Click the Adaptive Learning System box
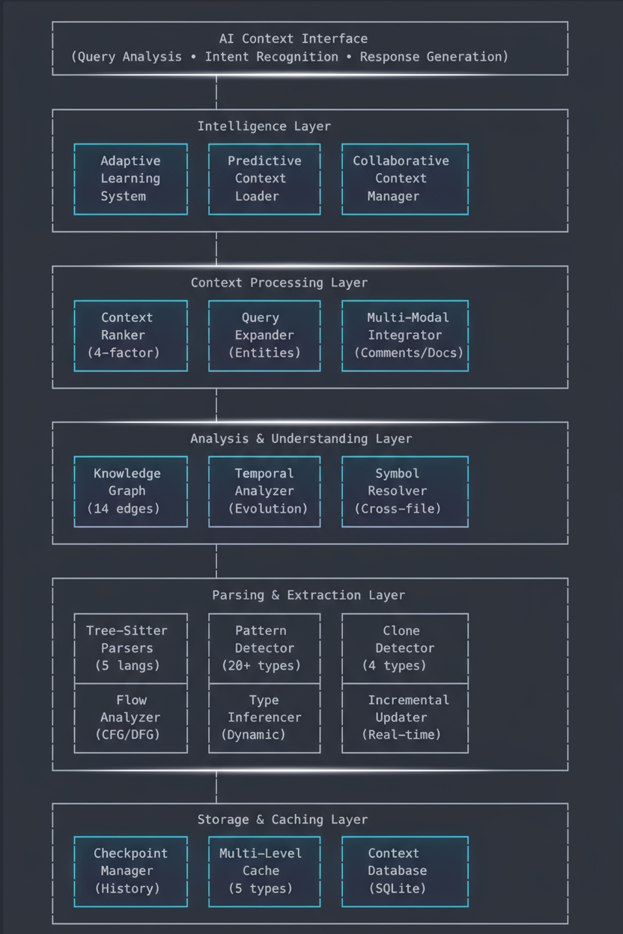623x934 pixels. coord(130,179)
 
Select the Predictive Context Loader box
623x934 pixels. coord(264,179)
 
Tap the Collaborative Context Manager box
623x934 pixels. coord(404,179)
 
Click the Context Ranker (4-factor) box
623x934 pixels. coord(130,335)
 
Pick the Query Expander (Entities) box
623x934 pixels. coord(264,335)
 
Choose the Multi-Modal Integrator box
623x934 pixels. coord(404,335)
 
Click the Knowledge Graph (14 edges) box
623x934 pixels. coord(130,491)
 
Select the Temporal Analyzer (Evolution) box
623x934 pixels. coord(264,491)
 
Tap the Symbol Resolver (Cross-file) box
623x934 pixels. coord(404,491)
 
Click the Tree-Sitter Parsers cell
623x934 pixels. coord(130,648)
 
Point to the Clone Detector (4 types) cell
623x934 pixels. coord(404,648)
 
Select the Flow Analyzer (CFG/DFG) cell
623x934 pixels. coord(130,718)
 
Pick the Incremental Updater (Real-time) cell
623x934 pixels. coord(404,718)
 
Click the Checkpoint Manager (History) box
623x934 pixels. coord(130,871)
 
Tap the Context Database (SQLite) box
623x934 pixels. coord(404,871)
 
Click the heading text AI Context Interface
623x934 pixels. coord(294,39)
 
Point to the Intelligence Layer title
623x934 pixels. coord(264,126)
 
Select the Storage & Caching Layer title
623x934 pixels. coord(282,820)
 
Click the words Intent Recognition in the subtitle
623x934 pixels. coord(271,57)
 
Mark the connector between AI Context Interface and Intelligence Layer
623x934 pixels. coord(216,92)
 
